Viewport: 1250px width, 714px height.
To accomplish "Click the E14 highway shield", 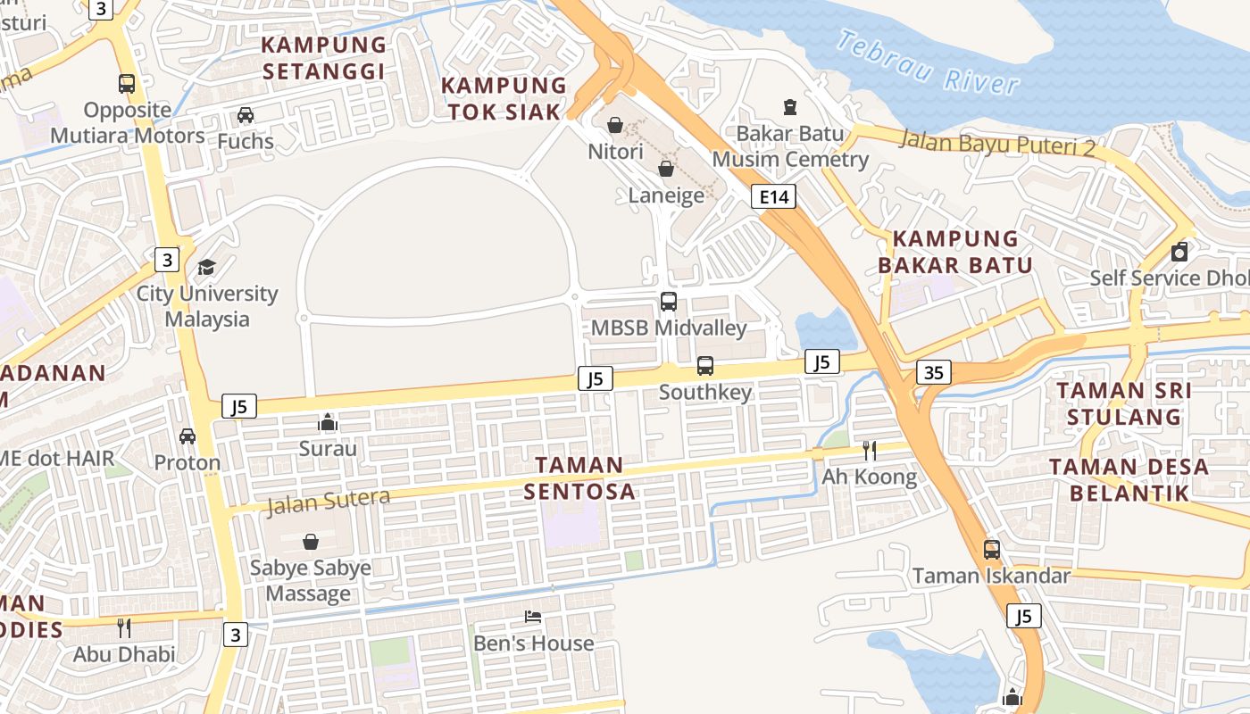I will (773, 197).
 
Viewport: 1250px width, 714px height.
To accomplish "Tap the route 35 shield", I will (933, 372).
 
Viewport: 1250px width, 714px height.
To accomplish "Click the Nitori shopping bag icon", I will (615, 125).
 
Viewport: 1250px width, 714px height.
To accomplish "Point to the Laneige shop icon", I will (666, 169).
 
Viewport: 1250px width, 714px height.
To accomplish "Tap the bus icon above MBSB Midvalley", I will (669, 302).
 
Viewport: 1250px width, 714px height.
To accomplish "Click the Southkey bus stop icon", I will (705, 365).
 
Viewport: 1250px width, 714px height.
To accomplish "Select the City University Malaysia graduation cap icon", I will (207, 267).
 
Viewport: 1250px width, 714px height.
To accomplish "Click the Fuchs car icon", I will (246, 114).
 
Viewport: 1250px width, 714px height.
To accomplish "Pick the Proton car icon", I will (187, 436).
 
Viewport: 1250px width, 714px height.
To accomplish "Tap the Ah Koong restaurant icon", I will (869, 450).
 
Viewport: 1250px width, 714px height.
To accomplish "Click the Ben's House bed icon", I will (533, 617).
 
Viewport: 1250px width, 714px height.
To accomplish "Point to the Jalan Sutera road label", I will (329, 502).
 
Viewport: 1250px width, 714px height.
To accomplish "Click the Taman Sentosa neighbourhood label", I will (579, 477).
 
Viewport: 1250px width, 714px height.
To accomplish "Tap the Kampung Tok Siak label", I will (504, 98).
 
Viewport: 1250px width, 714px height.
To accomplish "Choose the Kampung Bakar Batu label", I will (955, 252).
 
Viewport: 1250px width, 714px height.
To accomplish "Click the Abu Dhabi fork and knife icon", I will (124, 627).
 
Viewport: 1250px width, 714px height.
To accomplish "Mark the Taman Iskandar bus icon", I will (992, 550).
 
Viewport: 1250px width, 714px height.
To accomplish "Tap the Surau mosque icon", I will (328, 421).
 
